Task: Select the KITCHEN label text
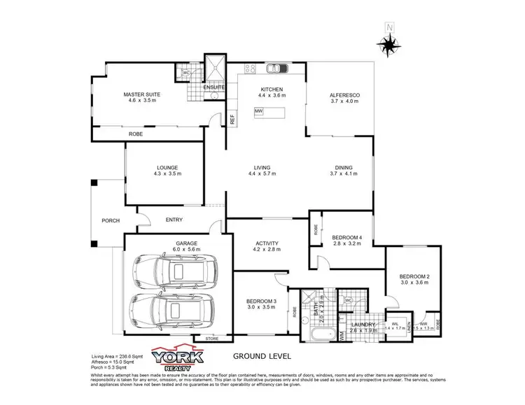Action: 271,90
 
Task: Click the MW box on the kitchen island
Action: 258,112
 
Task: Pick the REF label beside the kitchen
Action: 232,120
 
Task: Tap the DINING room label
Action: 343,168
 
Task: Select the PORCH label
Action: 110,220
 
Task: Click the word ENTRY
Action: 174,220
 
